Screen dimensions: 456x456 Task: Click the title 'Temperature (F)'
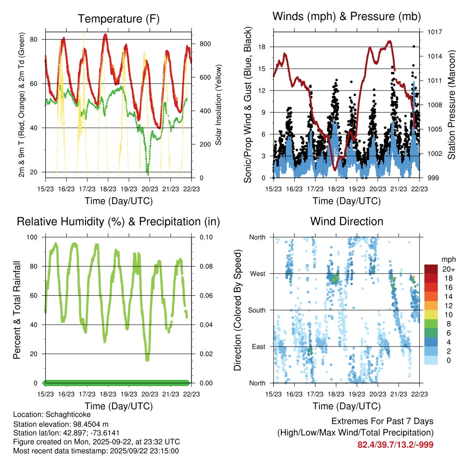118,19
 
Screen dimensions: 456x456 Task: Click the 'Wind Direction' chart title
346,221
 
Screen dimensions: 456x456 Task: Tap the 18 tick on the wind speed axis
262,47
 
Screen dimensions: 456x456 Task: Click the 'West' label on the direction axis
257,273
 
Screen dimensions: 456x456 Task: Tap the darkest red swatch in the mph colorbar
431,269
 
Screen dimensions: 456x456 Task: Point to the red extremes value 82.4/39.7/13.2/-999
395,444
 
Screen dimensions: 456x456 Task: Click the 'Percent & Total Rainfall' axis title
16,310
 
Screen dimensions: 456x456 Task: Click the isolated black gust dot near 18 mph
414,46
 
